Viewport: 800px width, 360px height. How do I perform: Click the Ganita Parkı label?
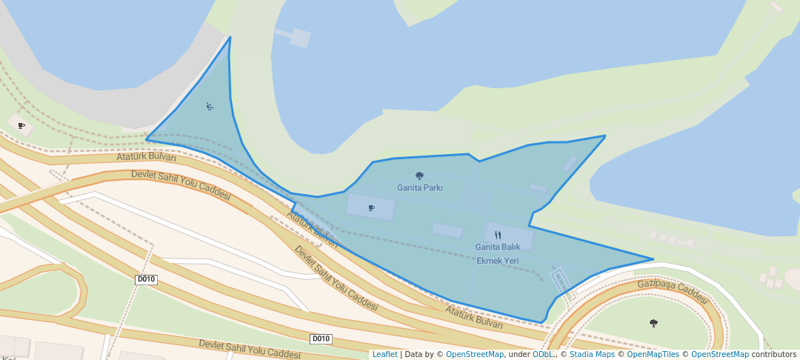(419, 187)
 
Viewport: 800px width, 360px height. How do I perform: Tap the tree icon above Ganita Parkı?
(419, 176)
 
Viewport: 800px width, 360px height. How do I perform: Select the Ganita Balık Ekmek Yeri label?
(497, 253)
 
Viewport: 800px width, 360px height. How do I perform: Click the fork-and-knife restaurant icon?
(497, 235)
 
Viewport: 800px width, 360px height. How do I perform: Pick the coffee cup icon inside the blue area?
(371, 207)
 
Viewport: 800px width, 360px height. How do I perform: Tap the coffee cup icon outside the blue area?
(21, 125)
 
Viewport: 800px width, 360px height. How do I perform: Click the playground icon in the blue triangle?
(210, 107)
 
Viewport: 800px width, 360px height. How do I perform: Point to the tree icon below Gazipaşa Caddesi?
(653, 323)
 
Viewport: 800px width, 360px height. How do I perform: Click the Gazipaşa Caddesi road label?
(672, 290)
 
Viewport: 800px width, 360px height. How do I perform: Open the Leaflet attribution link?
(384, 354)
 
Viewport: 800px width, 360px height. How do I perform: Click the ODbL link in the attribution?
(543, 354)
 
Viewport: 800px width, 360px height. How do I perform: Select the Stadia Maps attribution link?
(591, 354)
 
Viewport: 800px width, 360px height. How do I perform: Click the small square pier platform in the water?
(300, 38)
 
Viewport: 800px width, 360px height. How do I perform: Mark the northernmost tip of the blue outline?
(230, 37)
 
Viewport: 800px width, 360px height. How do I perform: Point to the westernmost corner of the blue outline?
(146, 139)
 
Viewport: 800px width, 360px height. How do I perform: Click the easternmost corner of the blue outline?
(653, 259)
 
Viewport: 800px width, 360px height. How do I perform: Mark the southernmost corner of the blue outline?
(541, 323)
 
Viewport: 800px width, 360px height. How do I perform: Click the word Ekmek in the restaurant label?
(490, 261)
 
